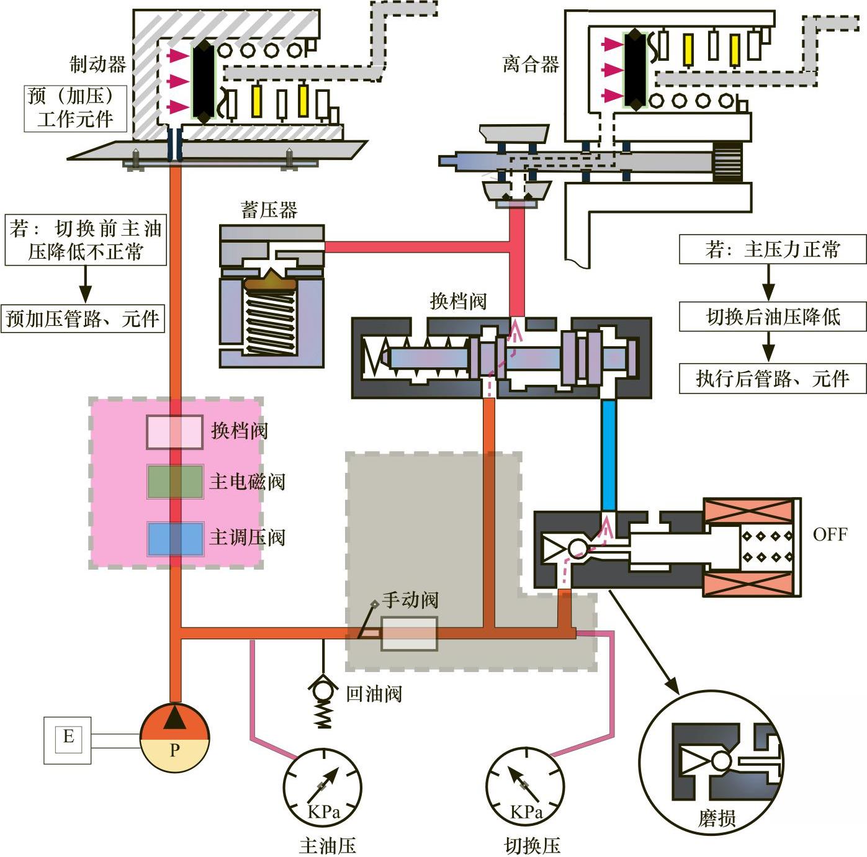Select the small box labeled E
[68, 739]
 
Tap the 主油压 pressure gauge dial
[322, 788]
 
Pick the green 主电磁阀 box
[175, 482]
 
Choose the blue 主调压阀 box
[175, 538]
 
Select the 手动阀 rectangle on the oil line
[409, 633]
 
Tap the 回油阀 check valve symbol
[323, 691]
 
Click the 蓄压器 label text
[269, 210]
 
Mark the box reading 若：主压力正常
[772, 249]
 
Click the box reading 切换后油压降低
[772, 317]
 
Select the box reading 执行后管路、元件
[772, 378]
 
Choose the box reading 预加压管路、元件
[83, 318]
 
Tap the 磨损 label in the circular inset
[716, 819]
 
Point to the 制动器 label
[97, 64]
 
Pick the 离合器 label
[531, 64]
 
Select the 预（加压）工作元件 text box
[75, 108]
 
